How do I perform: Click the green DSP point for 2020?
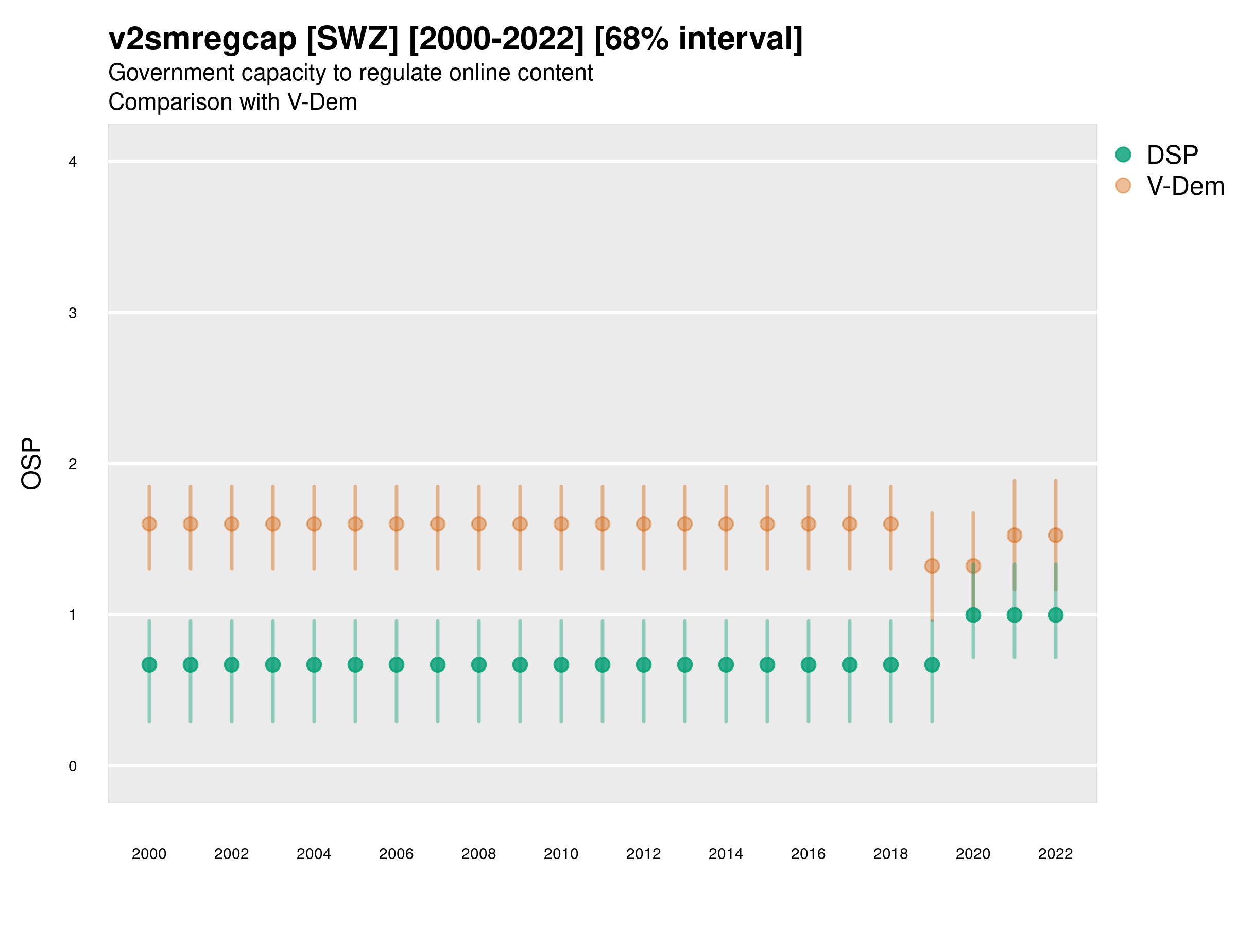[973, 614]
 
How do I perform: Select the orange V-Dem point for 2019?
[932, 566]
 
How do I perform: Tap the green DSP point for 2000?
[149, 664]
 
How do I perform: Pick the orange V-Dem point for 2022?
[1056, 535]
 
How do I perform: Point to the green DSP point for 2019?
[932, 664]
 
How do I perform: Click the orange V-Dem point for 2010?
[561, 524]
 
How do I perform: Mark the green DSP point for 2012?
[644, 664]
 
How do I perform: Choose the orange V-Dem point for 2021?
[1014, 535]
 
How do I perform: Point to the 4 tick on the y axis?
[73, 162]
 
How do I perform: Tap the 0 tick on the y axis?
[73, 766]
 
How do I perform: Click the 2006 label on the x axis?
[396, 854]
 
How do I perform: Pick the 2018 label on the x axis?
[890, 854]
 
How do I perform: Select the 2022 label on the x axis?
[1056, 854]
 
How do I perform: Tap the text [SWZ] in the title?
[353, 39]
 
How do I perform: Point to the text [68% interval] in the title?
[698, 39]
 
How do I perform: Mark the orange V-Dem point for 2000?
[149, 524]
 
